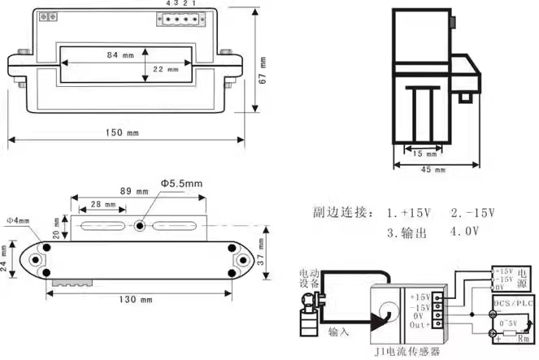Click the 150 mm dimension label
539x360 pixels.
pyautogui.click(x=122, y=132)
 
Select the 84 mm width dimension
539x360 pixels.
pyautogui.click(x=120, y=55)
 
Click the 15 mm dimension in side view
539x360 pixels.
pyautogui.click(x=424, y=153)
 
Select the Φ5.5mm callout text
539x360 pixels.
pyautogui.click(x=181, y=184)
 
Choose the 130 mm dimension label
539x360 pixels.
pyautogui.click(x=136, y=300)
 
